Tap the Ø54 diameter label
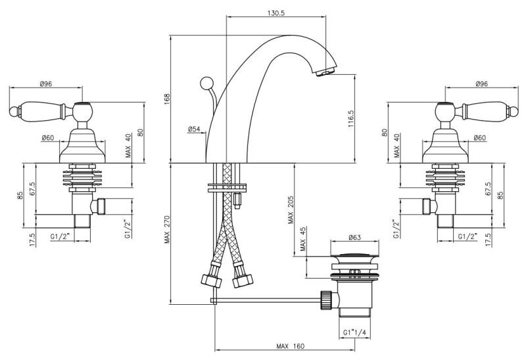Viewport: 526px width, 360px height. point(194,129)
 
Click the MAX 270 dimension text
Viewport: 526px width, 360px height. point(167,233)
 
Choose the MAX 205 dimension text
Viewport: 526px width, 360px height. point(290,210)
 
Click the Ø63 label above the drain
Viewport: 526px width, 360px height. point(356,237)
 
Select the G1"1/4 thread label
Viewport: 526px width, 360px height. point(355,332)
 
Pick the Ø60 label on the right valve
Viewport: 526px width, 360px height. point(478,138)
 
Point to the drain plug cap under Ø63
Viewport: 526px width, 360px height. point(356,254)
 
